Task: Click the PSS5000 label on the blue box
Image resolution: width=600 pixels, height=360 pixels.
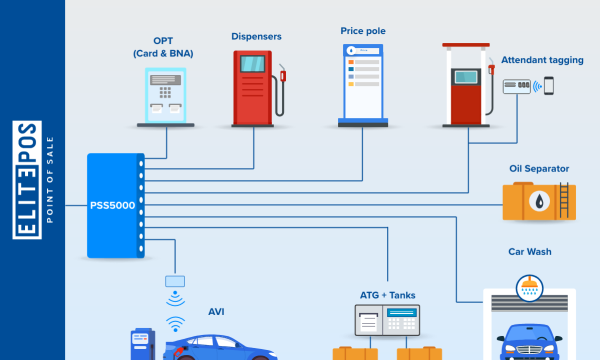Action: [112, 205]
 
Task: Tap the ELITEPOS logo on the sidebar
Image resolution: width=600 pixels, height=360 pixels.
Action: [27, 180]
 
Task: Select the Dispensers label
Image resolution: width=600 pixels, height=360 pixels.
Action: [256, 36]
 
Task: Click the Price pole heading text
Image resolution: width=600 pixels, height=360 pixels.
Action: [363, 31]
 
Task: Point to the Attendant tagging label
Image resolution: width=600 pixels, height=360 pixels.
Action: [542, 60]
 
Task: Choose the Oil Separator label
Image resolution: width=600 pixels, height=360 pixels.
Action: [539, 169]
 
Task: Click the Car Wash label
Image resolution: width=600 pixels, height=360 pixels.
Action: [530, 252]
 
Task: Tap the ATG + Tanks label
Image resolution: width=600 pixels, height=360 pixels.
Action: [388, 295]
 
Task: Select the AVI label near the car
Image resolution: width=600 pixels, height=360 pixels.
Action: [216, 312]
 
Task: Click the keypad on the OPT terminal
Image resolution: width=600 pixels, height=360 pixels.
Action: [165, 92]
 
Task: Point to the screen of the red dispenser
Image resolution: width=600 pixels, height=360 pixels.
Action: [252, 64]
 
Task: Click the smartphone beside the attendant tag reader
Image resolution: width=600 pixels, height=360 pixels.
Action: [549, 86]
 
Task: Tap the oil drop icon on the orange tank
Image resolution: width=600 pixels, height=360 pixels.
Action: [539, 201]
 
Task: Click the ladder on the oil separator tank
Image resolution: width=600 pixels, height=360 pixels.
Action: [564, 200]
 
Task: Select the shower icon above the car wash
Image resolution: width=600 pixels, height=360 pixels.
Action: [530, 288]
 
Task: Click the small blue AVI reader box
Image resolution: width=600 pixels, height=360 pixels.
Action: [175, 281]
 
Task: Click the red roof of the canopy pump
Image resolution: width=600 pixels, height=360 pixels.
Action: [466, 45]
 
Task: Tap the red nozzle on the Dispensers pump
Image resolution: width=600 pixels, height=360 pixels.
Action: [283, 76]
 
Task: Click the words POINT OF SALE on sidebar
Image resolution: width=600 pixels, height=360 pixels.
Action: [50, 180]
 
